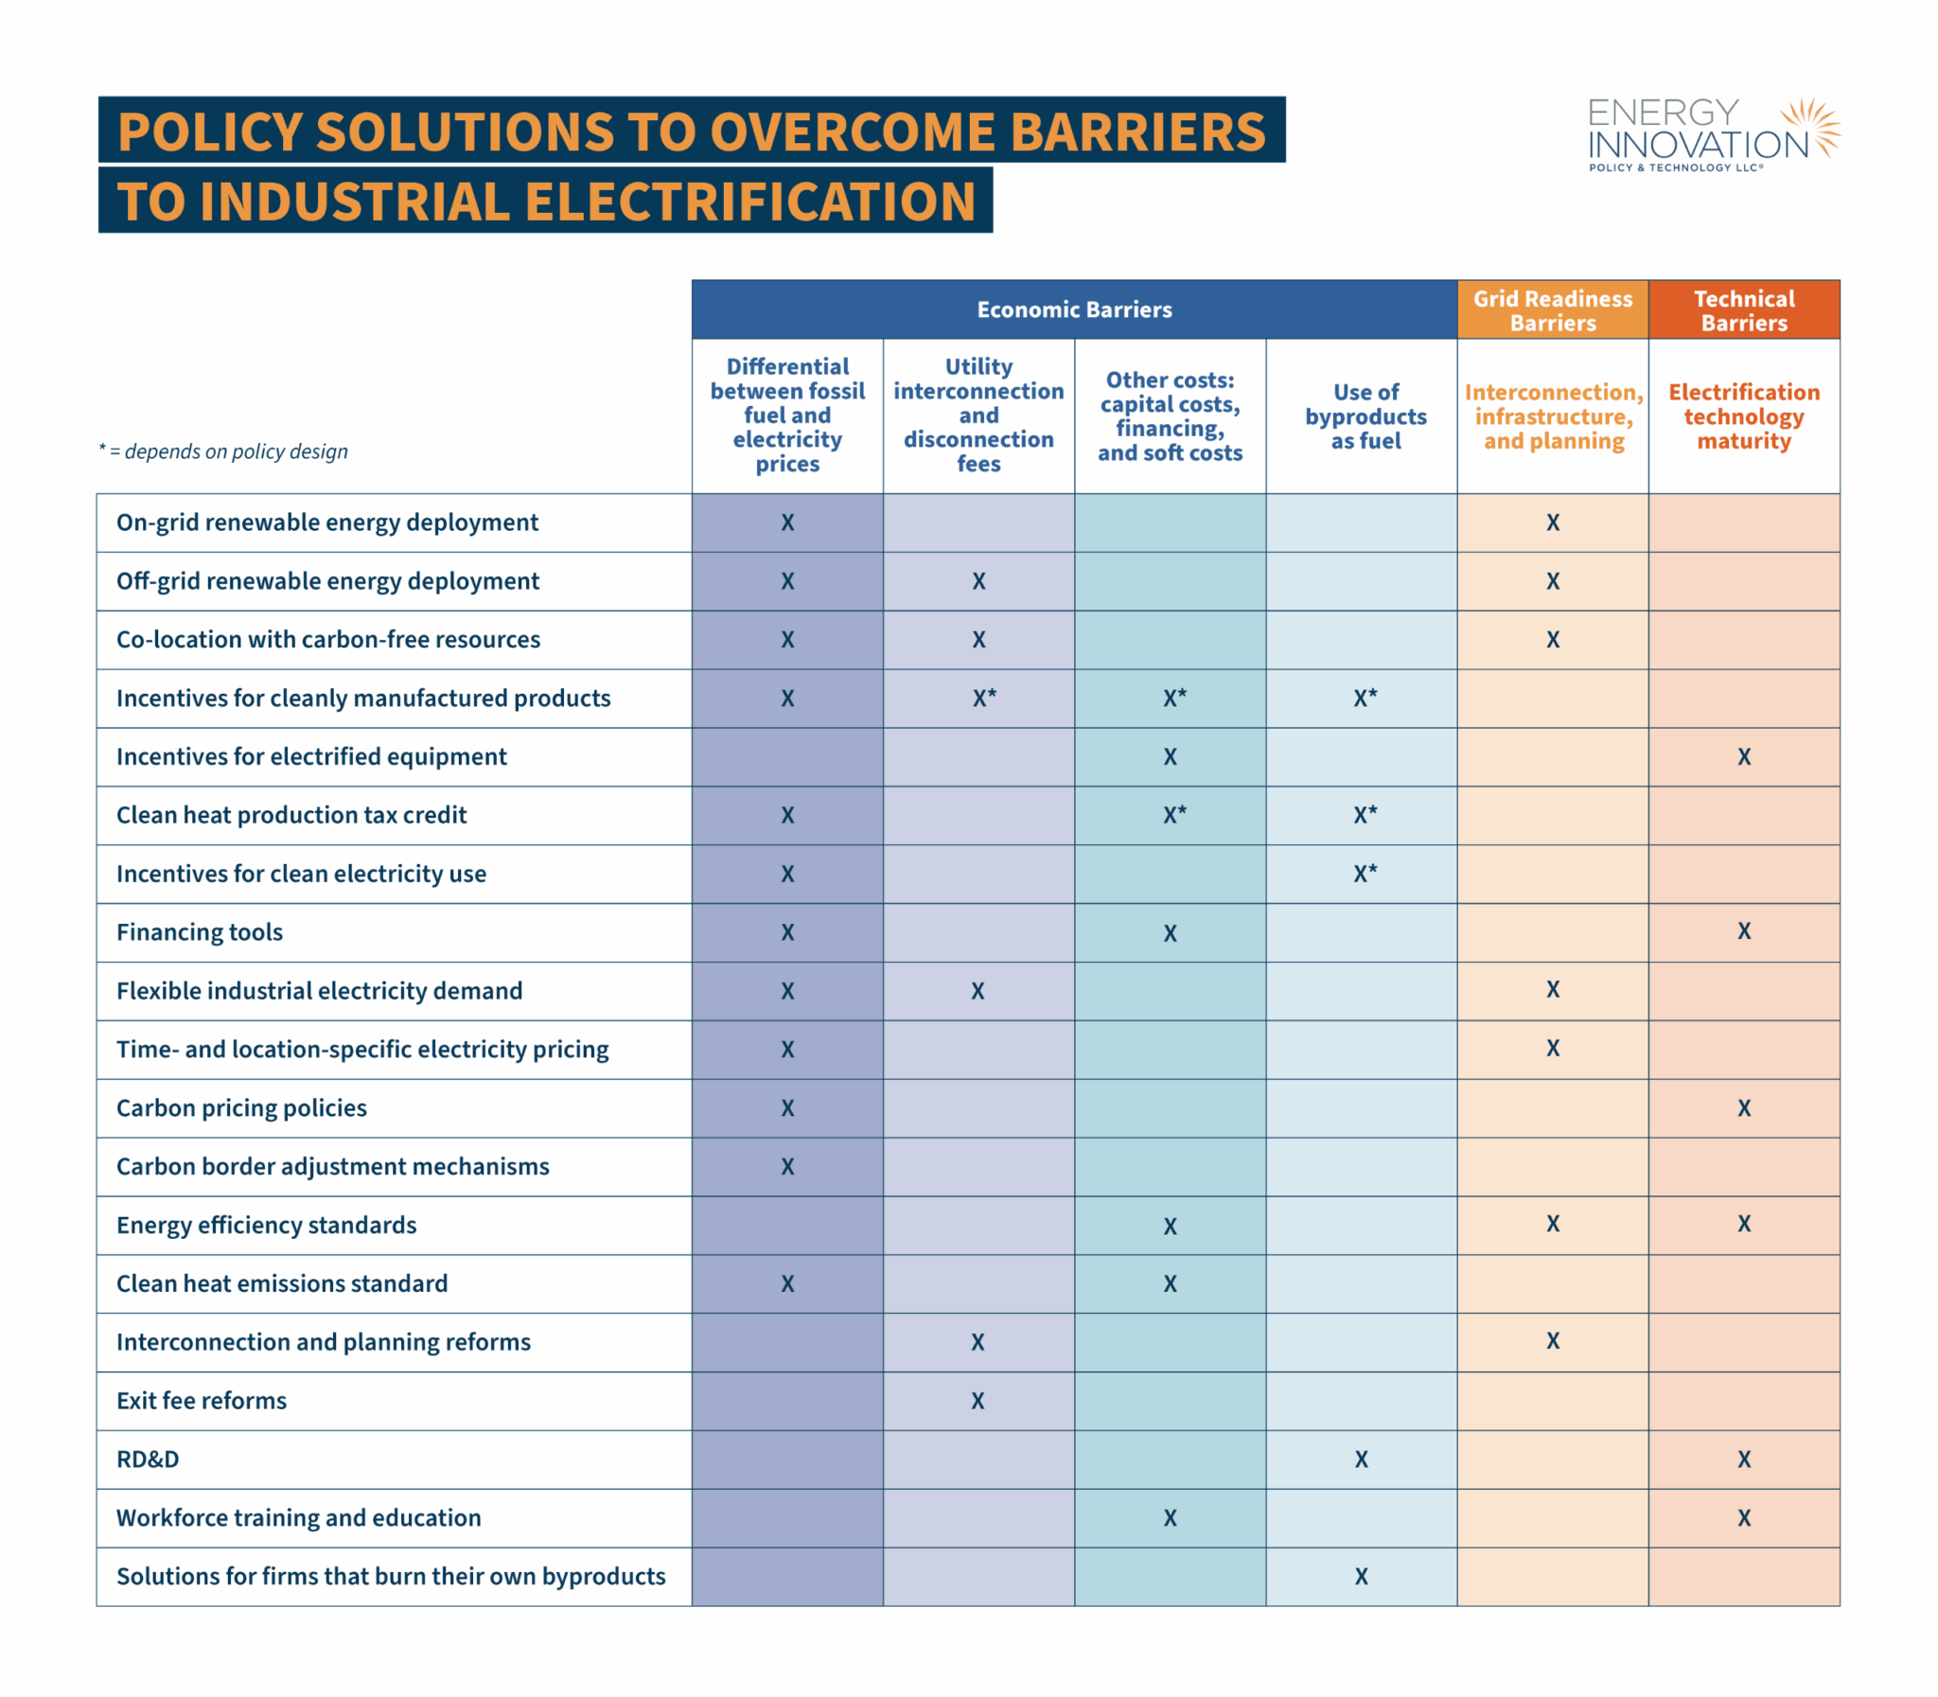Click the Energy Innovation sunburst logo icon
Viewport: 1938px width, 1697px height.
(x=1811, y=128)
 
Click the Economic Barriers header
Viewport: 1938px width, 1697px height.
(x=1074, y=309)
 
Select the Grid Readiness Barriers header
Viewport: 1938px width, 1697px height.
(x=1553, y=310)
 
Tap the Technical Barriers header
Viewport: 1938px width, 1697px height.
(x=1744, y=310)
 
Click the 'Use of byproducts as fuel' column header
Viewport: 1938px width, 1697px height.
(x=1365, y=416)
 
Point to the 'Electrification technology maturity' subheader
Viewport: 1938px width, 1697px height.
(x=1744, y=416)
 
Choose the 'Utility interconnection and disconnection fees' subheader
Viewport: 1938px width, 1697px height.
(x=978, y=415)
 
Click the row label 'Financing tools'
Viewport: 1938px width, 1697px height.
(x=200, y=933)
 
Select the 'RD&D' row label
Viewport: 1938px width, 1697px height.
(x=148, y=1459)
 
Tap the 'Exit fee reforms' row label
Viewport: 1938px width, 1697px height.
(x=202, y=1401)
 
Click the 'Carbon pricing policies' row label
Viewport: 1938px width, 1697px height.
(x=241, y=1108)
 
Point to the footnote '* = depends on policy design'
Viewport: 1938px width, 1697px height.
(x=223, y=451)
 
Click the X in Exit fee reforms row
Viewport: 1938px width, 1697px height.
(x=978, y=1401)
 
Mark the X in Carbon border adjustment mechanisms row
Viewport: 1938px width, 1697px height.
(x=787, y=1167)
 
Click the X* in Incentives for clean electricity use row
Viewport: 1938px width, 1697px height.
(x=1365, y=874)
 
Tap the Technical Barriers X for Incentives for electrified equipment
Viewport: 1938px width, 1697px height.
(x=1744, y=756)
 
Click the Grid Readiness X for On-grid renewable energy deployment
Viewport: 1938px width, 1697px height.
(x=1553, y=522)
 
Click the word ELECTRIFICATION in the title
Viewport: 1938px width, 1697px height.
(x=749, y=202)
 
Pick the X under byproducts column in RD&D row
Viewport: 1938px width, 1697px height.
(x=1362, y=1459)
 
